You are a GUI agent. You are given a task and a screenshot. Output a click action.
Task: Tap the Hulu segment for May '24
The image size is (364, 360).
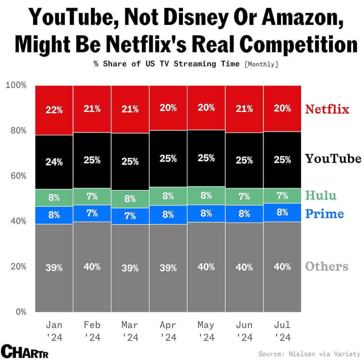(206, 196)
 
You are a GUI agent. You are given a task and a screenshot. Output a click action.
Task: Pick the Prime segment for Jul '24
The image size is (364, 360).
(282, 212)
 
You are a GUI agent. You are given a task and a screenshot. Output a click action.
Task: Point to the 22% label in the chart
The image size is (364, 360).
(54, 110)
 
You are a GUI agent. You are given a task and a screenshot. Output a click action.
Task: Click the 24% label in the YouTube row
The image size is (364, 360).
(54, 162)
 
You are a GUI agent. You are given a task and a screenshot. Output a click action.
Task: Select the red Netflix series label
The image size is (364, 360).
(327, 109)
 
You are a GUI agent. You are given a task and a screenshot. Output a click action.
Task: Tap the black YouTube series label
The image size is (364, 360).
(333, 158)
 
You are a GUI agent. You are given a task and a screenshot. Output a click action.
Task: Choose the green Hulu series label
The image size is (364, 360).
(321, 195)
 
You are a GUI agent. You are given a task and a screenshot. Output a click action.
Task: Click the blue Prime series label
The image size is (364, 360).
(324, 214)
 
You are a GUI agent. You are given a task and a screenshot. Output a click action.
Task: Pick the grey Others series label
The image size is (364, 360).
(327, 266)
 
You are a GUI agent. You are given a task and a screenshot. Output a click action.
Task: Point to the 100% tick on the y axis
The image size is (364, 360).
(16, 85)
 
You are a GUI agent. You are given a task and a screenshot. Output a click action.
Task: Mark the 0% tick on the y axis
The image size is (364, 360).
(21, 312)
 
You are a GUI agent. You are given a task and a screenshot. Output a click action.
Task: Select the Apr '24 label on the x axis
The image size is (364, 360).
(168, 331)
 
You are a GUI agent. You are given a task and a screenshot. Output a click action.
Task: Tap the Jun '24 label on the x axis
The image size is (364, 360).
(244, 331)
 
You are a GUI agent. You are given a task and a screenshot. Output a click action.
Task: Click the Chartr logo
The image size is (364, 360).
(25, 352)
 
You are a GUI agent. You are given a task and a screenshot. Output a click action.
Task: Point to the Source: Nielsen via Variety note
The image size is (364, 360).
(309, 354)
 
